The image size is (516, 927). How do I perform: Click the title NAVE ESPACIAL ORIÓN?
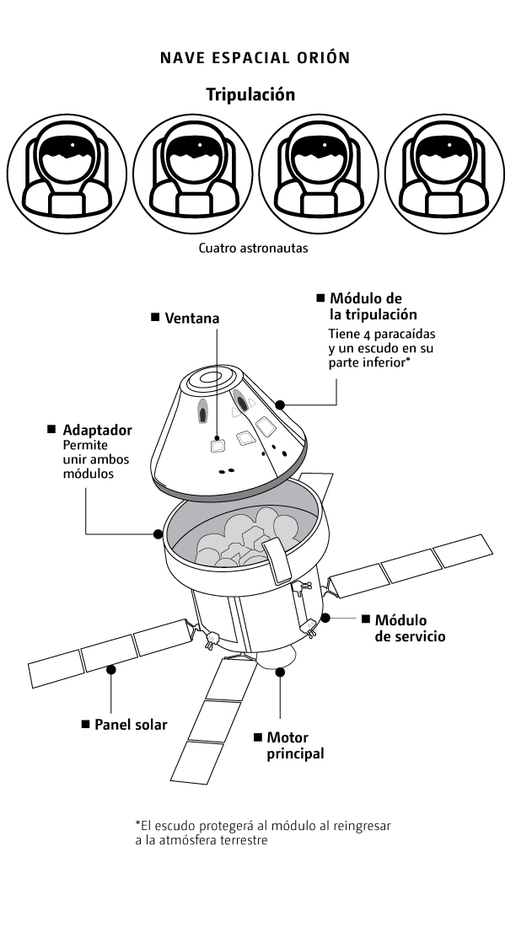point(255,58)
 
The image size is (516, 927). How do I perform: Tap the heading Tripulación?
point(250,94)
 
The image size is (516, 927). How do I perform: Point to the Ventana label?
point(191,318)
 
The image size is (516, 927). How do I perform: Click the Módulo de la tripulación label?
point(372,307)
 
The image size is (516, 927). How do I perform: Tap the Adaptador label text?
point(97,430)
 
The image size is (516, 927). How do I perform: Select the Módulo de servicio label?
point(409,628)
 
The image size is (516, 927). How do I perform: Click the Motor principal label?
point(294,745)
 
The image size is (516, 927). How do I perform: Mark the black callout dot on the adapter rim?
point(158,533)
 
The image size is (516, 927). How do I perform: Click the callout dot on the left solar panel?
point(111,669)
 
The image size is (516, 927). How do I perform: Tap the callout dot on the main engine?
point(279,672)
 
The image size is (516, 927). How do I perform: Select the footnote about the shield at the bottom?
point(263,832)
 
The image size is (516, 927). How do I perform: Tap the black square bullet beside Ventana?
point(155,318)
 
